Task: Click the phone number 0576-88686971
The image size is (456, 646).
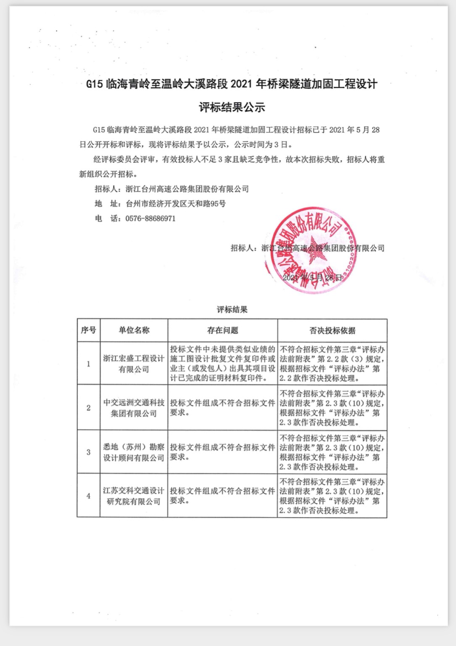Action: click(150, 218)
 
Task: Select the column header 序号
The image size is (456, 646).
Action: click(88, 330)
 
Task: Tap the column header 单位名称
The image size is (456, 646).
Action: click(134, 330)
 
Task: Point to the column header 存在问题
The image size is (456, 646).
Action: click(222, 331)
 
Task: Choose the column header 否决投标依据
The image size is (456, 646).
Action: click(332, 331)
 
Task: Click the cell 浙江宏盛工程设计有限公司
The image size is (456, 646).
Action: click(134, 364)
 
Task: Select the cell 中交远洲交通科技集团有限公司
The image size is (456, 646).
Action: click(134, 408)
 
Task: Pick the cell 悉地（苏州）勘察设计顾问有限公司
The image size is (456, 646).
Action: click(134, 452)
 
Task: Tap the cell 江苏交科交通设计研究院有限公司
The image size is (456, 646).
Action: click(134, 496)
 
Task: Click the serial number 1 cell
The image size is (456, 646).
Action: click(88, 364)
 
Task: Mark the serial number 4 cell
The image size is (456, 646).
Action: click(88, 496)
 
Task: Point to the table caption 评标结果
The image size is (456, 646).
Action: click(232, 310)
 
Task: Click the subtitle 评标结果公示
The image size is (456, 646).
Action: click(232, 107)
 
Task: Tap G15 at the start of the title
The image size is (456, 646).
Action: click(94, 84)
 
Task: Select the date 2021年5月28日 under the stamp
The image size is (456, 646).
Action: click(313, 278)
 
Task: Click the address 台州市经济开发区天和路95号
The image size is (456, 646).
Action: click(176, 204)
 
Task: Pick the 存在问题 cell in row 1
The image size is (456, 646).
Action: click(222, 364)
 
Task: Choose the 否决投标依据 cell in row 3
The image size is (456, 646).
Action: click(332, 452)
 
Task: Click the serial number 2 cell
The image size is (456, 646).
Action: click(88, 408)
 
